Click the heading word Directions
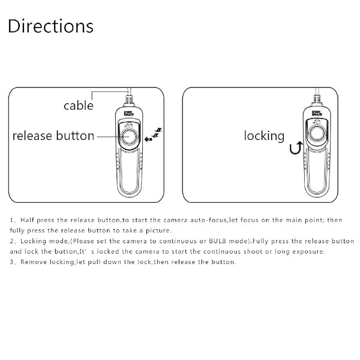coord(50,26)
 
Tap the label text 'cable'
coord(79,106)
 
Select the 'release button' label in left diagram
coord(53,136)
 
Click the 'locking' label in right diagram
coord(264,136)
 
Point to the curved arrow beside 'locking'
coord(295,147)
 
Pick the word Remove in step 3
coord(32,262)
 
